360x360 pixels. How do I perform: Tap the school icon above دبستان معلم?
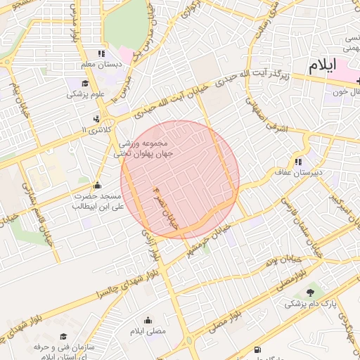[101, 53]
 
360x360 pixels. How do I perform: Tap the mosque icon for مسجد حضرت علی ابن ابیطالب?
[97, 186]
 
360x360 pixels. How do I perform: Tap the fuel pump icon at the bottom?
[258, 349]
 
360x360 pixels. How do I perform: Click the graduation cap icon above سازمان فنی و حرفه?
[63, 337]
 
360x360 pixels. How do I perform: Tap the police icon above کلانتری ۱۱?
[96, 119]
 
